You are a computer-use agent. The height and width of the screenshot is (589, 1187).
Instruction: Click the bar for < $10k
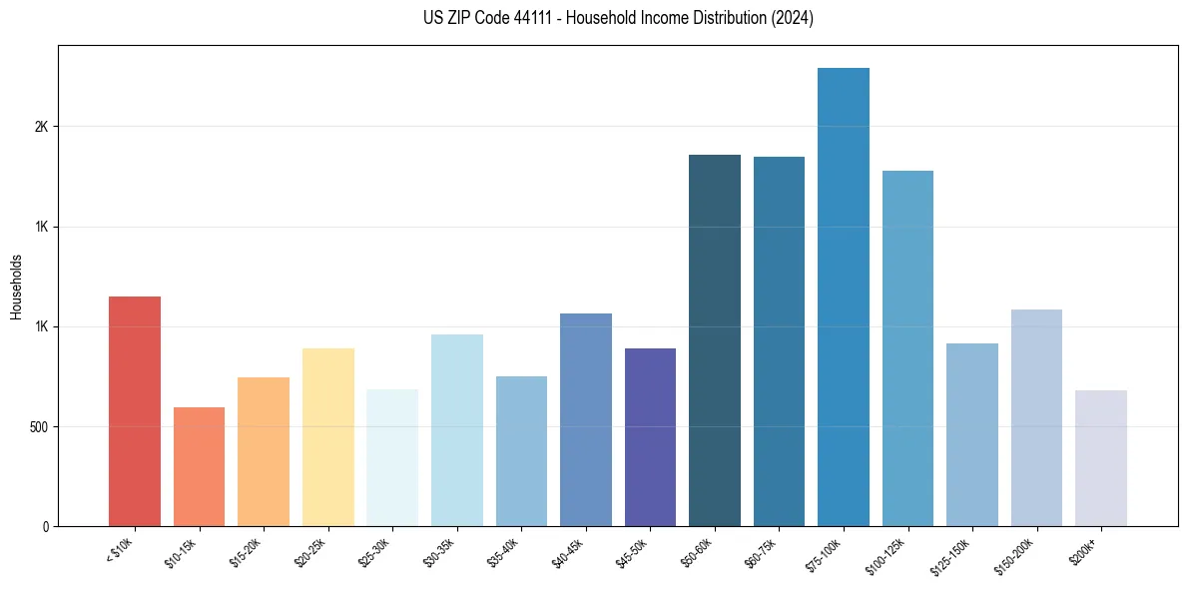click(x=134, y=411)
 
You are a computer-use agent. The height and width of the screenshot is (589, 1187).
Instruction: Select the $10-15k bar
click(x=199, y=466)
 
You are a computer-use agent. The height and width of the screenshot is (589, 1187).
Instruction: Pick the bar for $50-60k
click(x=714, y=340)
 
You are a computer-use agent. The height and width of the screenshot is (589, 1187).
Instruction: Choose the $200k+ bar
click(x=1100, y=458)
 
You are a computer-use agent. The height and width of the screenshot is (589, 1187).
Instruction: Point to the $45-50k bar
click(x=650, y=437)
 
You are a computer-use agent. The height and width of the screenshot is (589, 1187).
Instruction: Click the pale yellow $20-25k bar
click(x=327, y=437)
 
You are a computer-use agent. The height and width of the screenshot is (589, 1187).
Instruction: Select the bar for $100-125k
click(x=907, y=348)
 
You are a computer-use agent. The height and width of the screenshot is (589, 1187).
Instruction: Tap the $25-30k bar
click(x=392, y=457)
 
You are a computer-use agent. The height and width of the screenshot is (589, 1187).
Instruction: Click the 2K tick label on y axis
click(x=41, y=127)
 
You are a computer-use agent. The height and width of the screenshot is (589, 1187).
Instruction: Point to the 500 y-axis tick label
click(x=37, y=426)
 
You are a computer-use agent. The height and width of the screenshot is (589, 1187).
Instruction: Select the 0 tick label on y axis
click(x=46, y=526)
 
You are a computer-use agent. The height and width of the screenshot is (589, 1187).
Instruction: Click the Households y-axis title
click(x=16, y=287)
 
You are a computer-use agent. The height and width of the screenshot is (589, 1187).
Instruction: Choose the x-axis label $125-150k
click(x=951, y=554)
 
